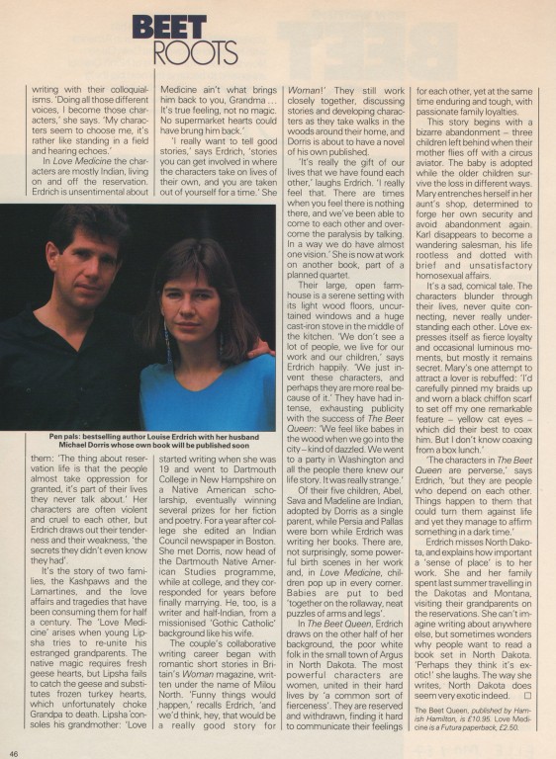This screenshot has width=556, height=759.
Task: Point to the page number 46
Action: pos(17,752)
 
